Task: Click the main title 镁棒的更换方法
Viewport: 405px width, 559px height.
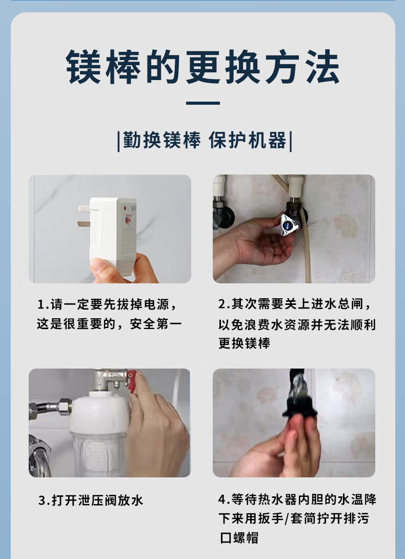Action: (202, 67)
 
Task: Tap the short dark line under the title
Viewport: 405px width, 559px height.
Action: (202, 103)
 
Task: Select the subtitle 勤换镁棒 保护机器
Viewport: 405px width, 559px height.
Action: (205, 140)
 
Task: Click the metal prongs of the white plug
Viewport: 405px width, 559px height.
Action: (84, 216)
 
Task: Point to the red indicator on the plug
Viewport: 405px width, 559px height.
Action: (125, 208)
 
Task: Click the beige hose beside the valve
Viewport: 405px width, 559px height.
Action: (306, 245)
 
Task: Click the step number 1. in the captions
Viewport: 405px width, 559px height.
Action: (43, 304)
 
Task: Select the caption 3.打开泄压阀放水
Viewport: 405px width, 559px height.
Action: (91, 500)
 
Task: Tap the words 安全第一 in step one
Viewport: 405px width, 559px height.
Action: (156, 324)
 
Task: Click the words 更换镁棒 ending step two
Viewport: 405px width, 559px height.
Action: (245, 343)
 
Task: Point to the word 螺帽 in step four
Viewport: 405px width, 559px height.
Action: (246, 537)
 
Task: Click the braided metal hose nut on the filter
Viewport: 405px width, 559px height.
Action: (65, 407)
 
